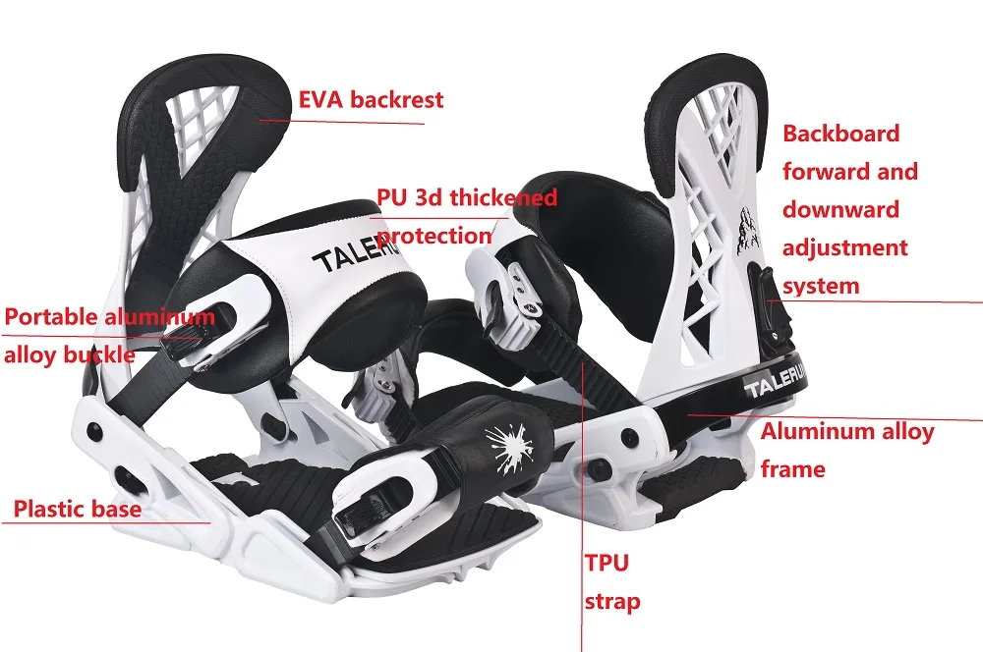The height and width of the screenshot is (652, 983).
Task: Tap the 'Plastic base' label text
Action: tap(78, 510)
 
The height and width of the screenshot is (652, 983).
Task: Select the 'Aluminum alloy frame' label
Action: tap(846, 450)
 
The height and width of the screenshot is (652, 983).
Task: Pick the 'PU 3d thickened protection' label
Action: tap(466, 216)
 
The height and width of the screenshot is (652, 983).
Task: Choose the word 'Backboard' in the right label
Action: tap(840, 134)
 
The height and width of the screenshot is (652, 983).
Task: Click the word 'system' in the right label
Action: tap(821, 286)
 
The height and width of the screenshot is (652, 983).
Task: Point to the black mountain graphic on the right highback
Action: tap(743, 226)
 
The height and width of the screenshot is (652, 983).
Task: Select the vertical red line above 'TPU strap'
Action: tap(582, 452)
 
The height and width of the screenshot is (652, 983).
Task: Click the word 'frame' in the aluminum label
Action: tap(792, 469)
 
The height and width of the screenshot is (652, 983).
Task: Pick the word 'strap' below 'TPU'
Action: tap(611, 601)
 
